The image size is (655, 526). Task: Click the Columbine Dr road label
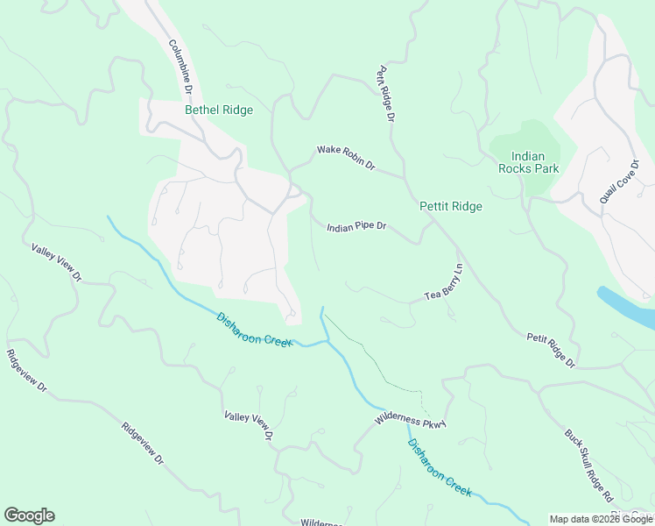[x=180, y=68]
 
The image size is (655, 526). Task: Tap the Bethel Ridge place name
[x=219, y=110]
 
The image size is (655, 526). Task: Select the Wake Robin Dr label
[x=346, y=159]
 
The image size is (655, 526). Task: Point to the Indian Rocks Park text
[x=528, y=162]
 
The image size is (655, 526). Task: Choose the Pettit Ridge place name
[x=451, y=207]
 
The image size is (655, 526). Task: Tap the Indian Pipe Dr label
[x=356, y=227]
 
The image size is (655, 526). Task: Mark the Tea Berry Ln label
[x=443, y=281]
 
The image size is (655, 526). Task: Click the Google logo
[x=29, y=515]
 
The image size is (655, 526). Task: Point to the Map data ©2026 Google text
[x=601, y=519]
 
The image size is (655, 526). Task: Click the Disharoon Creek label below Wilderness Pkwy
[x=440, y=468]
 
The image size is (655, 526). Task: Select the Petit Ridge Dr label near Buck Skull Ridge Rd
[x=551, y=350]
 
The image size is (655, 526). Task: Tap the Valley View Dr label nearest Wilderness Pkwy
[x=249, y=426]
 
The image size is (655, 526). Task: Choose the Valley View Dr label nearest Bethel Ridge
[x=56, y=263]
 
